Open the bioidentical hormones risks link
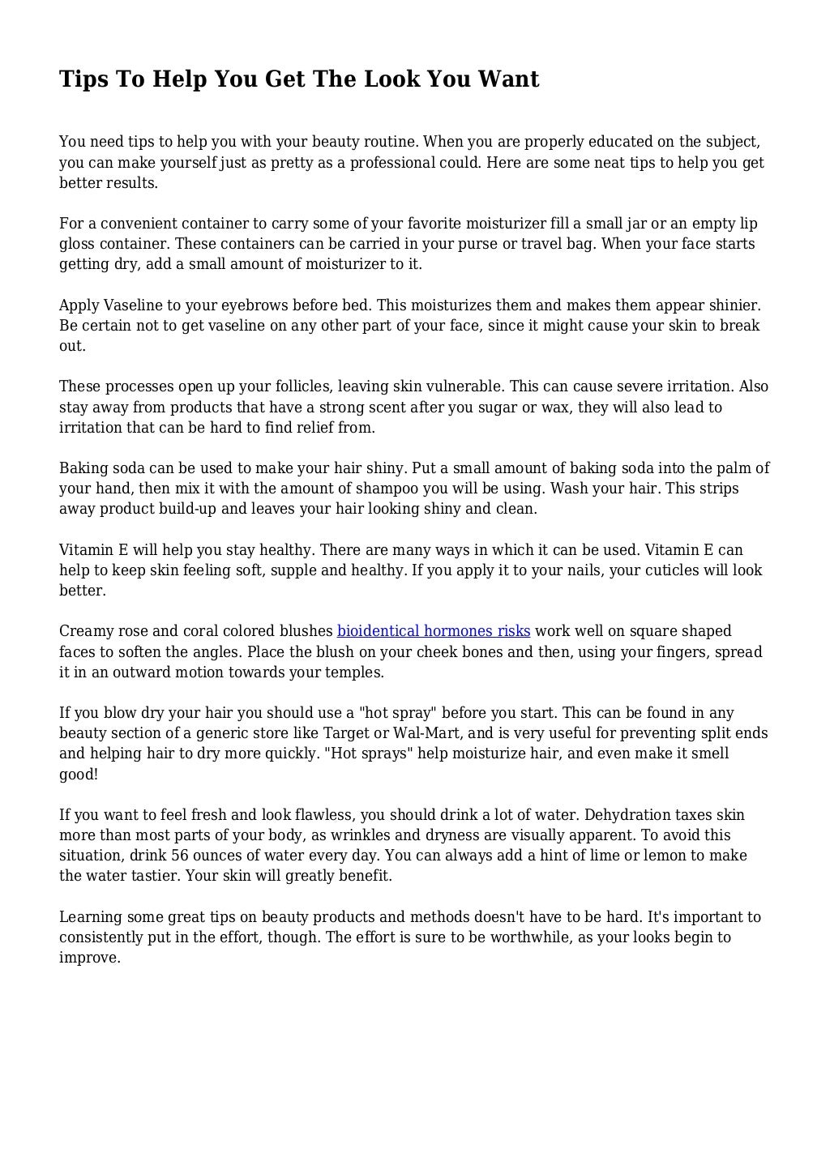tap(434, 631)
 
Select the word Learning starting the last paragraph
tap(91, 917)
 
